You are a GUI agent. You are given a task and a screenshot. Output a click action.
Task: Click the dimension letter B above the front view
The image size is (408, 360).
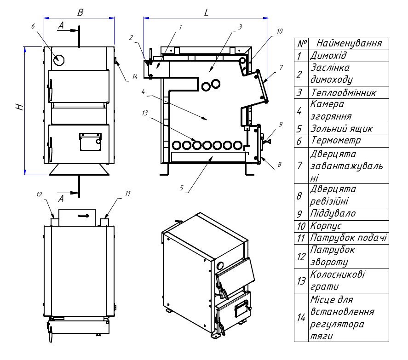tap(80, 12)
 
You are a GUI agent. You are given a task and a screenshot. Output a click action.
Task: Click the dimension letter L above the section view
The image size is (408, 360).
tap(207, 12)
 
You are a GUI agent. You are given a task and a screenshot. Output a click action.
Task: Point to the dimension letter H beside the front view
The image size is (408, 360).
tap(20, 107)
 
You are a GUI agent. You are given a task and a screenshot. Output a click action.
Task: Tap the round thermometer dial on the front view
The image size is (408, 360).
tap(59, 60)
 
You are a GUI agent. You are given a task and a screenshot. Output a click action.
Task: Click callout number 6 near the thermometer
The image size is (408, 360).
tap(33, 26)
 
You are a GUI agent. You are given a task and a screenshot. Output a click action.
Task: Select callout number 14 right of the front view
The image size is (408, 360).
tap(134, 77)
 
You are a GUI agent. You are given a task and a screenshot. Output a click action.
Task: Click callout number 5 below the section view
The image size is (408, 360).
tap(181, 188)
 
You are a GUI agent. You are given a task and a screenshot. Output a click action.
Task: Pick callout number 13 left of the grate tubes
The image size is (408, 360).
tap(145, 113)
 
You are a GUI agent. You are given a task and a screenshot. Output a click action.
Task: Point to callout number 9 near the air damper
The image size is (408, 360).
tap(281, 124)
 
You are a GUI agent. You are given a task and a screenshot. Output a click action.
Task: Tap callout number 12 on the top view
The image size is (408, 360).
tap(39, 195)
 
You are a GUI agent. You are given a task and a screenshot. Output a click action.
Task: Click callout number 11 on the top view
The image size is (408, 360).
tap(127, 194)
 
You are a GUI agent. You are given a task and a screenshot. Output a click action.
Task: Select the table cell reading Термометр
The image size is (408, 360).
tap(336, 141)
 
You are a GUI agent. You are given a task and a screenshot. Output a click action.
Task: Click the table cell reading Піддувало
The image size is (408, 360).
tap(333, 213)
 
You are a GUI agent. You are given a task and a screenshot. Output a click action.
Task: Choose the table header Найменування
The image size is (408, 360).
tap(349, 43)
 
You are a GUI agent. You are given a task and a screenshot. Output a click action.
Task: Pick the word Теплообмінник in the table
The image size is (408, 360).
tap(344, 92)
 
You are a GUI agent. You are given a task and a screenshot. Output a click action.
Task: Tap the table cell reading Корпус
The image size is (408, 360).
tap(326, 226)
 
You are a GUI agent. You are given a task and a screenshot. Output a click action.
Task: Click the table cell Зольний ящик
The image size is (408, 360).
tap(341, 129)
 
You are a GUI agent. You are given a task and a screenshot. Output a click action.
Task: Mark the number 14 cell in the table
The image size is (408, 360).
tap(301, 317)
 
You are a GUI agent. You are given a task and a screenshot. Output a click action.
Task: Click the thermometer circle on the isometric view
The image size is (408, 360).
tap(220, 266)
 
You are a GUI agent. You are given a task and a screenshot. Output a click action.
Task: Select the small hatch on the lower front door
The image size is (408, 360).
tap(90, 142)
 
